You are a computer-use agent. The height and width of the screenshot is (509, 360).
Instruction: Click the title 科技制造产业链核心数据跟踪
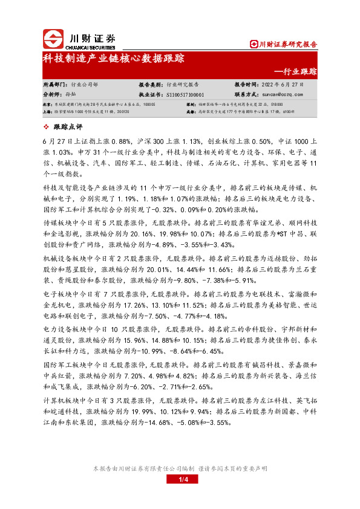click(113, 59)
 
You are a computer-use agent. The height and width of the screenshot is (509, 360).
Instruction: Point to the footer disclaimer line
click(180, 468)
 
